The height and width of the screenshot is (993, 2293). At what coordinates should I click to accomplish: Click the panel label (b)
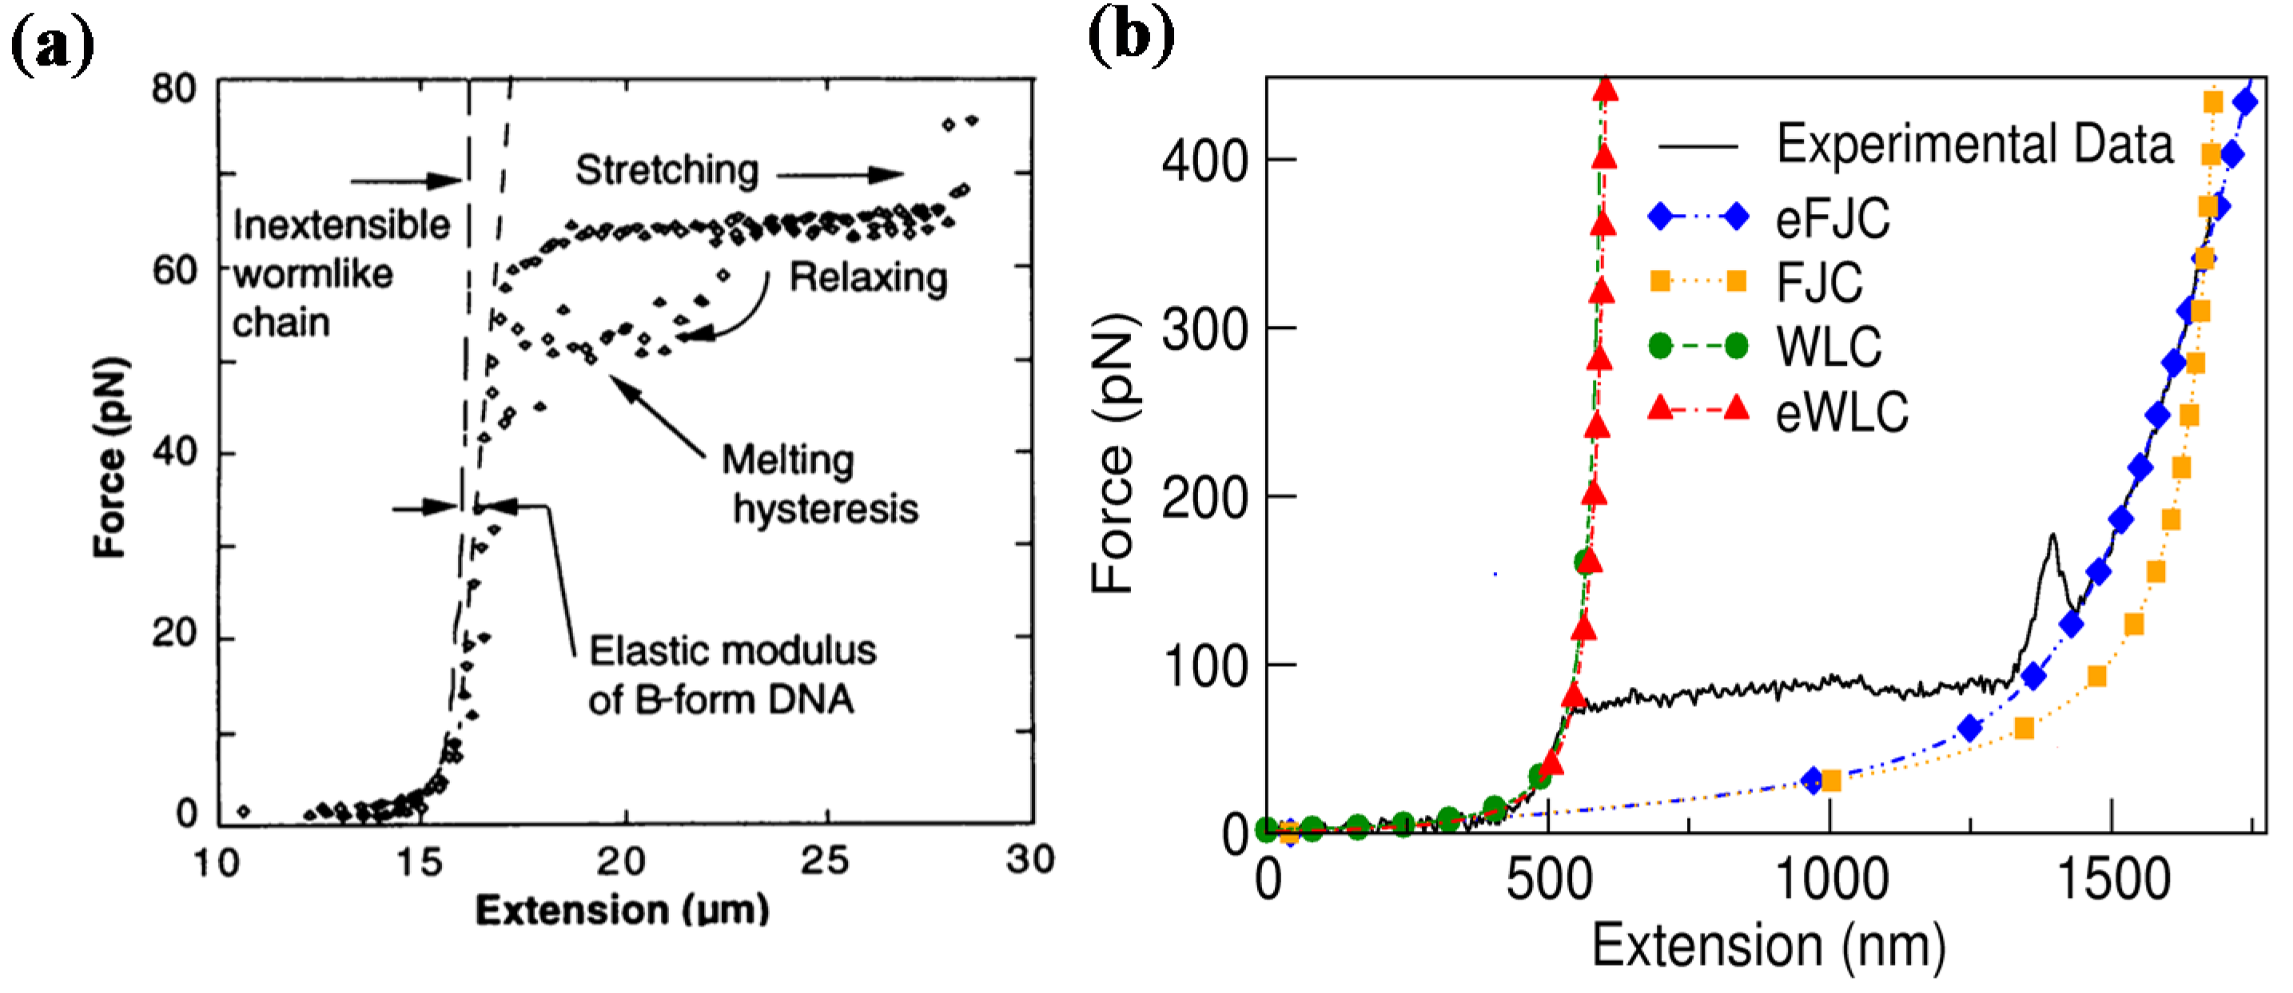1130,38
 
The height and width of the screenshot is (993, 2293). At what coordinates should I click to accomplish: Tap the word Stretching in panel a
666,170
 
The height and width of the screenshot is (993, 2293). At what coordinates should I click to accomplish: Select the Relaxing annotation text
868,278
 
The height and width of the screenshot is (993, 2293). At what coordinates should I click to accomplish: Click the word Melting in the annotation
788,460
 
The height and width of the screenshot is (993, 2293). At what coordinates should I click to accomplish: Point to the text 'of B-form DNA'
721,701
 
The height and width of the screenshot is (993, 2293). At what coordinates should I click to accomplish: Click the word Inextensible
341,225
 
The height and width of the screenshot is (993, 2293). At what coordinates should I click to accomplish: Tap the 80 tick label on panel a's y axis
173,89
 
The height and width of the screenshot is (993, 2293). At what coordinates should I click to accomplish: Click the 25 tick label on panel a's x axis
824,860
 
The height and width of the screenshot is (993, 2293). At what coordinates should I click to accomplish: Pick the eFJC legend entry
1832,218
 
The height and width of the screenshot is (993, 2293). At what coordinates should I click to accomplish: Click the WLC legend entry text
1829,347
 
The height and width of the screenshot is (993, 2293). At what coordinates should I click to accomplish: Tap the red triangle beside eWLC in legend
1660,408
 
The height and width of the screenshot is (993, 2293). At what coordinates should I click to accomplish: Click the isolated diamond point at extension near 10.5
243,811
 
